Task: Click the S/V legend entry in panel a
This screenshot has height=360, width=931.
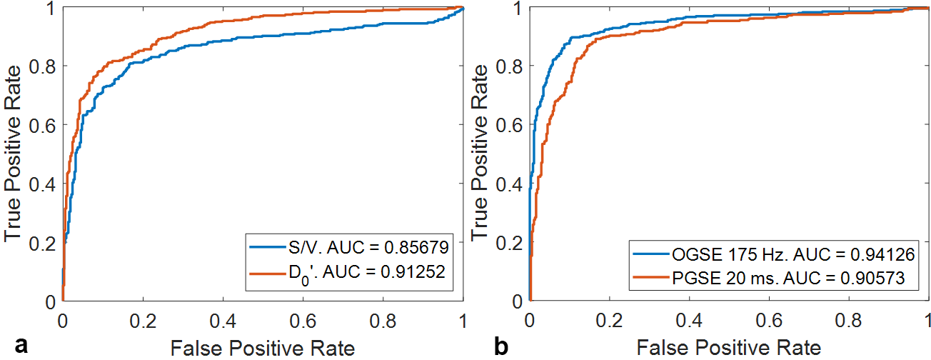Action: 350,248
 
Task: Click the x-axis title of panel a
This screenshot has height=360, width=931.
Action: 262,349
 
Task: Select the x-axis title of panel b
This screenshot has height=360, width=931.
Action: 729,349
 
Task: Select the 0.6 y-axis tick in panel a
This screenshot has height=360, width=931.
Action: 44,124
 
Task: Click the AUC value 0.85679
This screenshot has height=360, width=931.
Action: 416,248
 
